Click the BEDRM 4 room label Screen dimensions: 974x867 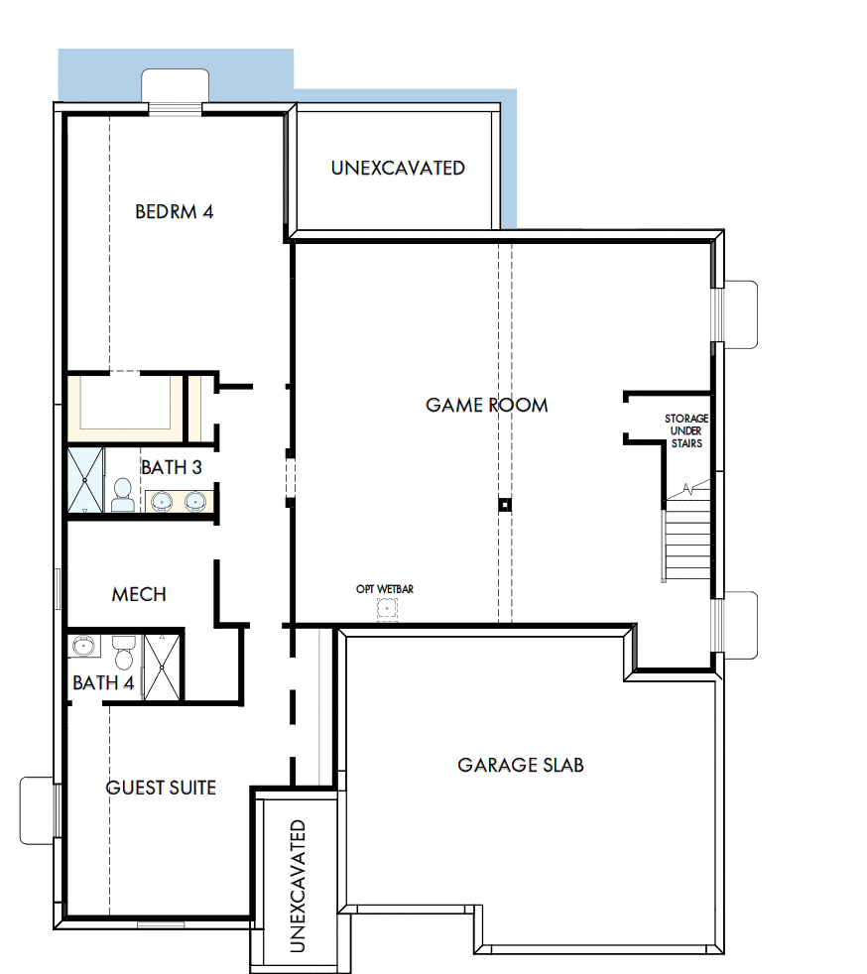175,211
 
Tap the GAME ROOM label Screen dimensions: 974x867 486,405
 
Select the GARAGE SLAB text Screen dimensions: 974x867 520,765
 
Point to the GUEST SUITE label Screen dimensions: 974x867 161,788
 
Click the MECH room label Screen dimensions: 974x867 139,594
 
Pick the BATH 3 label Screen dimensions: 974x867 171,467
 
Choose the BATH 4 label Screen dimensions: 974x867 103,683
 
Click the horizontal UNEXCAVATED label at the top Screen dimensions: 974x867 398,169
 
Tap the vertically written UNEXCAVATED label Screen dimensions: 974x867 297,886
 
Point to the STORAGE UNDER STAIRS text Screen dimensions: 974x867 686,431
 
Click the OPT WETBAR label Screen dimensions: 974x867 385,589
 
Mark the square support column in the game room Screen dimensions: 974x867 504,505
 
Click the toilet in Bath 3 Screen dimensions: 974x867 123,495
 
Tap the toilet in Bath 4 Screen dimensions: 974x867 124,656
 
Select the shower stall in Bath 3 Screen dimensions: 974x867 85,481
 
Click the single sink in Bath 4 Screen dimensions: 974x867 82,647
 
